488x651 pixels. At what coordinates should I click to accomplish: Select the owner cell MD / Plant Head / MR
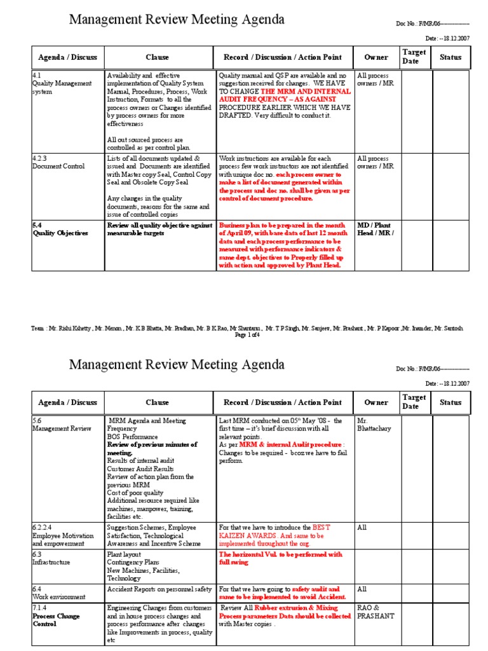pyautogui.click(x=376, y=229)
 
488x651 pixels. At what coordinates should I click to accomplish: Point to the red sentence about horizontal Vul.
pyautogui.click(x=280, y=558)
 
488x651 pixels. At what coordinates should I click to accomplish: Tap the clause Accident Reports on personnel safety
pyautogui.click(x=159, y=589)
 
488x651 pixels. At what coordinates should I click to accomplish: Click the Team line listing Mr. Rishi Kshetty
pyautogui.click(x=247, y=328)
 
